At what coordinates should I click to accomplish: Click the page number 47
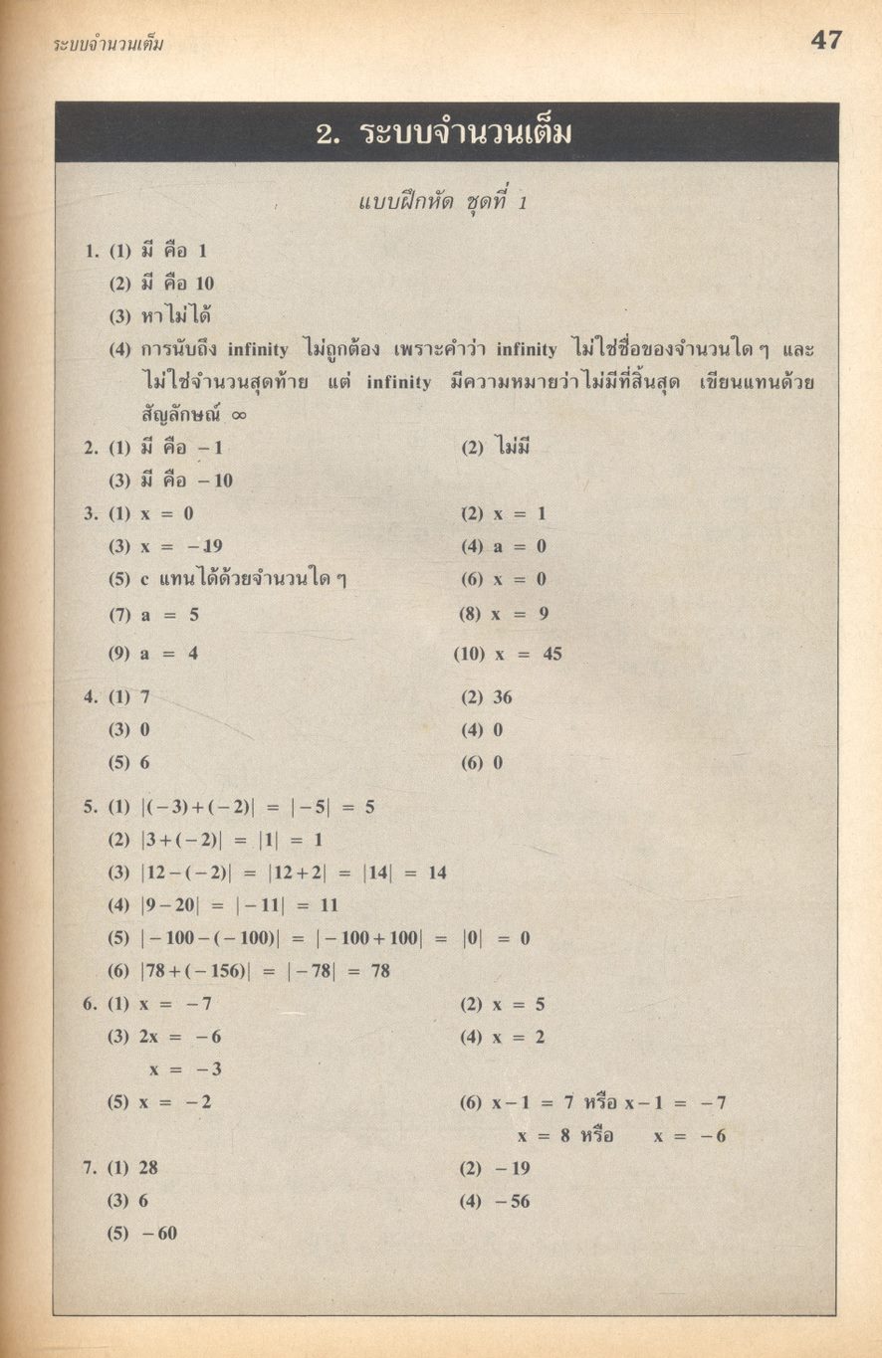(825, 41)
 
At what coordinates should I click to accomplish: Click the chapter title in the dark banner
(444, 133)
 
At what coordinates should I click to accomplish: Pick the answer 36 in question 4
(503, 697)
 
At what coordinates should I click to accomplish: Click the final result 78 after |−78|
(380, 971)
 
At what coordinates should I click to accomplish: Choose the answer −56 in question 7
(512, 1201)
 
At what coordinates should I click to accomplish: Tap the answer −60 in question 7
(159, 1234)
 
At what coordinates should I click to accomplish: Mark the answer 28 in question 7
(148, 1168)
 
